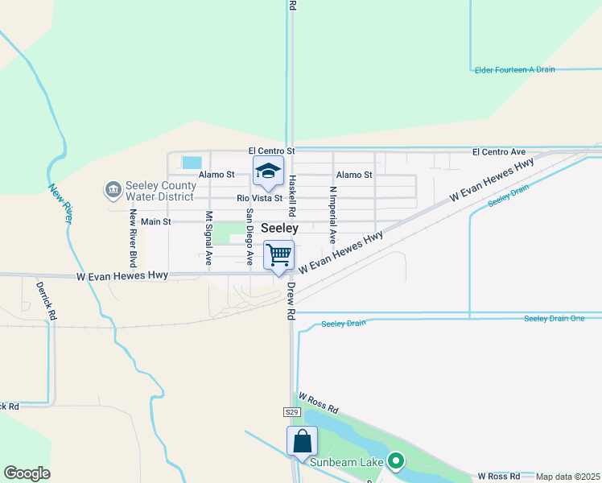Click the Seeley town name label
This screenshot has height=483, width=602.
(280, 229)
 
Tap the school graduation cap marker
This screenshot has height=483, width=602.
(268, 171)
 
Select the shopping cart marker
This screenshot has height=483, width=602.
(278, 256)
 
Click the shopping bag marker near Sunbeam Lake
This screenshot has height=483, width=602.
(302, 441)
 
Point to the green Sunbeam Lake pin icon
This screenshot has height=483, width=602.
(395, 461)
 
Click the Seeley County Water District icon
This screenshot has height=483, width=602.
(113, 190)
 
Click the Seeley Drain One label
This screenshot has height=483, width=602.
(555, 319)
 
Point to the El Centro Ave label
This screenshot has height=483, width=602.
(498, 151)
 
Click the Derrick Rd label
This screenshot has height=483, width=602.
(42, 297)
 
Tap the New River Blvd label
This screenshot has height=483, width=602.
(133, 238)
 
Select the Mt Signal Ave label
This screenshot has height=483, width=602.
(208, 238)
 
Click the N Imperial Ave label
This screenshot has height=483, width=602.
(332, 215)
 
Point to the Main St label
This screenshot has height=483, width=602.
(156, 221)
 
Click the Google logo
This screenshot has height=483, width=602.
(27, 473)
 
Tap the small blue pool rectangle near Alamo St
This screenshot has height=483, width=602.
(192, 162)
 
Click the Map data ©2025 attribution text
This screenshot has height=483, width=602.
(568, 477)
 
